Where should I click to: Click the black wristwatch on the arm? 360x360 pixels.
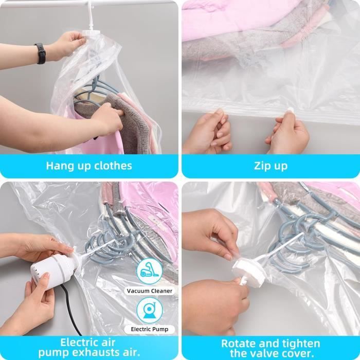coord(41,53)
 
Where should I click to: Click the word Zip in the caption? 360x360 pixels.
coord(262,166)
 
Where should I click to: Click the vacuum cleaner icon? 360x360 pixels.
coord(150,272)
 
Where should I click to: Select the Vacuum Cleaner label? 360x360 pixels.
coord(150,291)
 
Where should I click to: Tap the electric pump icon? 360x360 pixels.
coord(150,311)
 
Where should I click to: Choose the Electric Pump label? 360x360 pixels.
coord(150,329)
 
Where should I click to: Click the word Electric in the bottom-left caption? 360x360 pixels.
coord(77,343)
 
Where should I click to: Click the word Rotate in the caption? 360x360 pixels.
coord(237,344)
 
